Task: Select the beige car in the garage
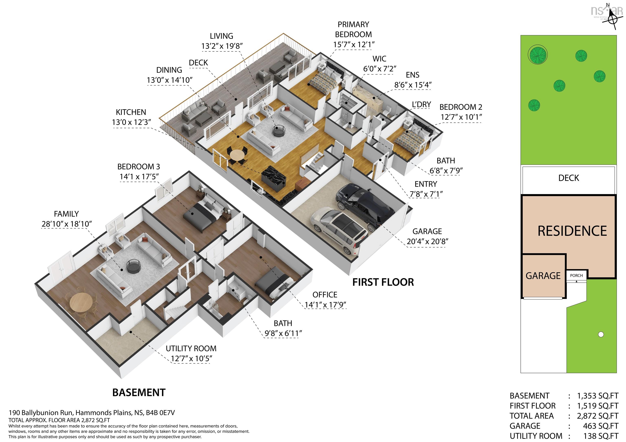pos(339,229)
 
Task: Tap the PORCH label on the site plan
pos(576,275)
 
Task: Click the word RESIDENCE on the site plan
pos(572,231)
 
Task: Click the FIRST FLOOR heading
pos(383,282)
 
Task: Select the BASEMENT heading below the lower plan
pos(139,392)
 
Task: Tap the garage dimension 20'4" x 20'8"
pos(427,242)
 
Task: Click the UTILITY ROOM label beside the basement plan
pos(191,349)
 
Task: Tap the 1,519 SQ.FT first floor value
pos(597,406)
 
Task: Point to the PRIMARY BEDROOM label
pos(353,30)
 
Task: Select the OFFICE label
pos(325,295)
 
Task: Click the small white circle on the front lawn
pos(601,334)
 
